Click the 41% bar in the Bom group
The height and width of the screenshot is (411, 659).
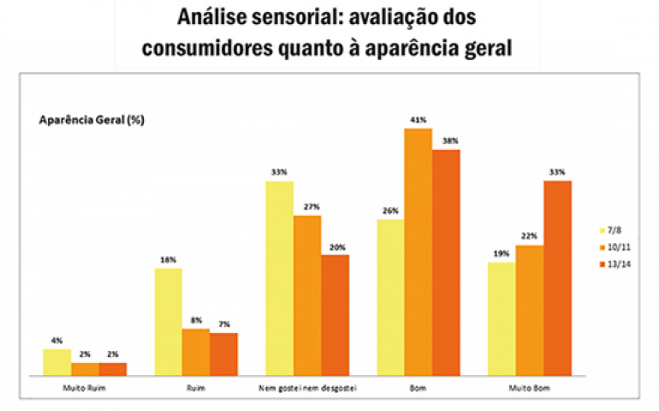[x=419, y=252]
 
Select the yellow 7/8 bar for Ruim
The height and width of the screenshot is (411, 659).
[x=168, y=322]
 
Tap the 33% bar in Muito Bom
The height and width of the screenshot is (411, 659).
[x=557, y=277]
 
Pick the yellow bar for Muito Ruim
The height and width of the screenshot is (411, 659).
[x=56, y=362]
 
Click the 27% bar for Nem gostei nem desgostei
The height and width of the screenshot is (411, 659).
[x=307, y=295]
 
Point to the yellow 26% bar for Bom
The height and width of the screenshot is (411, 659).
[x=390, y=297]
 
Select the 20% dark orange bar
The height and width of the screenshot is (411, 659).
[x=335, y=315]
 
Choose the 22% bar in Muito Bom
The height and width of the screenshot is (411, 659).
[x=530, y=310]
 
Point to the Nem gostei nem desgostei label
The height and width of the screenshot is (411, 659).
[x=307, y=390]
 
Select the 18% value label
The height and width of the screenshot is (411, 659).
[x=168, y=259]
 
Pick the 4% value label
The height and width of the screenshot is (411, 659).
[x=56, y=340]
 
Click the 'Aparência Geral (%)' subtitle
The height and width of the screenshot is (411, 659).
[x=92, y=121]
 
